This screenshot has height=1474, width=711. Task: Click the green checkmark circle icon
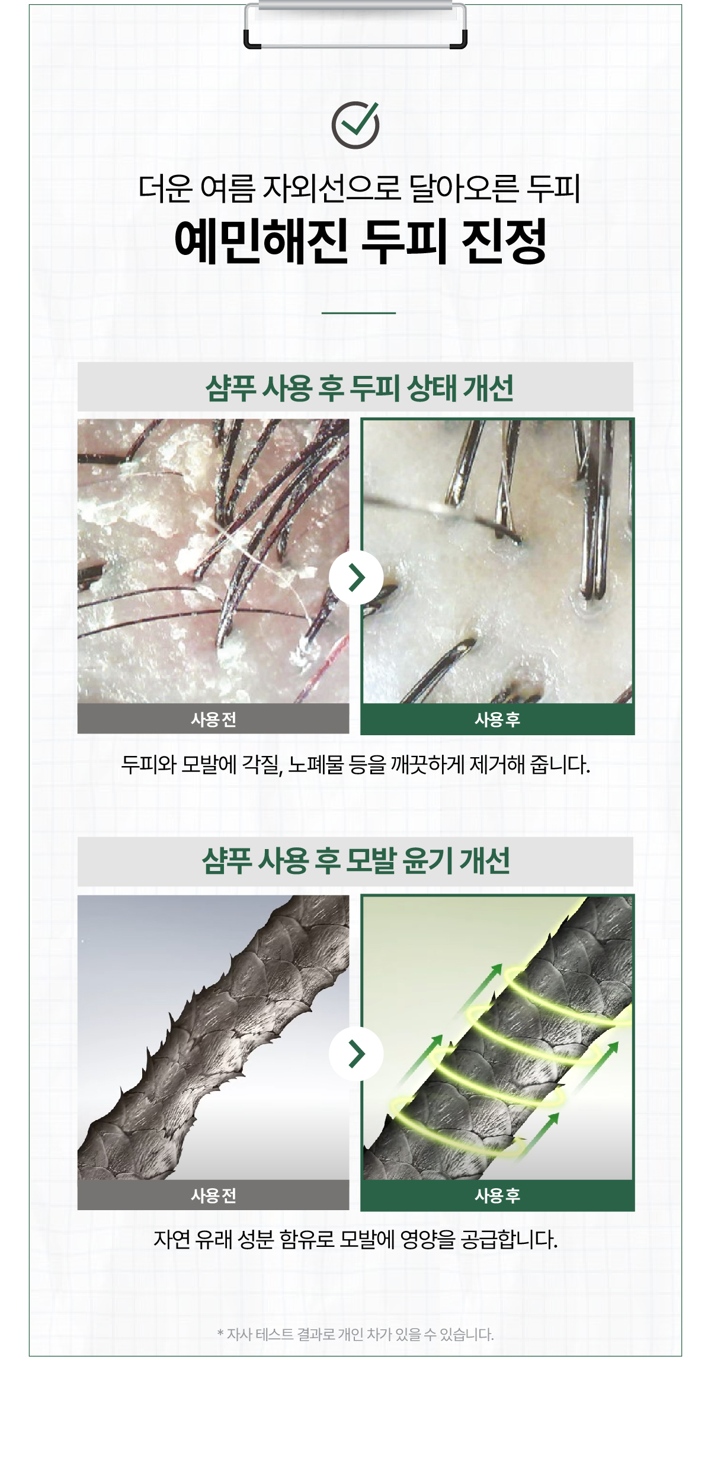pos(355,125)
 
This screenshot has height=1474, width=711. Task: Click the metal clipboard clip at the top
pos(355,25)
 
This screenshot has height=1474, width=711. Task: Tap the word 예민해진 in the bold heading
pos(261,241)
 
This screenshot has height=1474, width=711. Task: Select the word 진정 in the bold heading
pos(503,241)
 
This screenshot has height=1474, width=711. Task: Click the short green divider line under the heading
pos(358,312)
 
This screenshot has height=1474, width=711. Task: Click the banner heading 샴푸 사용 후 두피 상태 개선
pos(359,388)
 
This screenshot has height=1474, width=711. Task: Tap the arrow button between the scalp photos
pos(356,578)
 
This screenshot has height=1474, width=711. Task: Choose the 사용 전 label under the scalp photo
pos(213,719)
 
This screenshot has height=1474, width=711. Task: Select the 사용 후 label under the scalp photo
pos(497,719)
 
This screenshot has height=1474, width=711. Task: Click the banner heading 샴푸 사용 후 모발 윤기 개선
pos(355,861)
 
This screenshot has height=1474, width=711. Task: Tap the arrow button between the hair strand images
pos(356,1054)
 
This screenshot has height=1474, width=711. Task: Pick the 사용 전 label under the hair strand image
pos(213,1195)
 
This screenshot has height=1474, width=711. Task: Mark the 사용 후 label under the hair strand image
pos(497,1195)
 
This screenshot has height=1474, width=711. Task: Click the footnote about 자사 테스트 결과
pos(355,1334)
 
